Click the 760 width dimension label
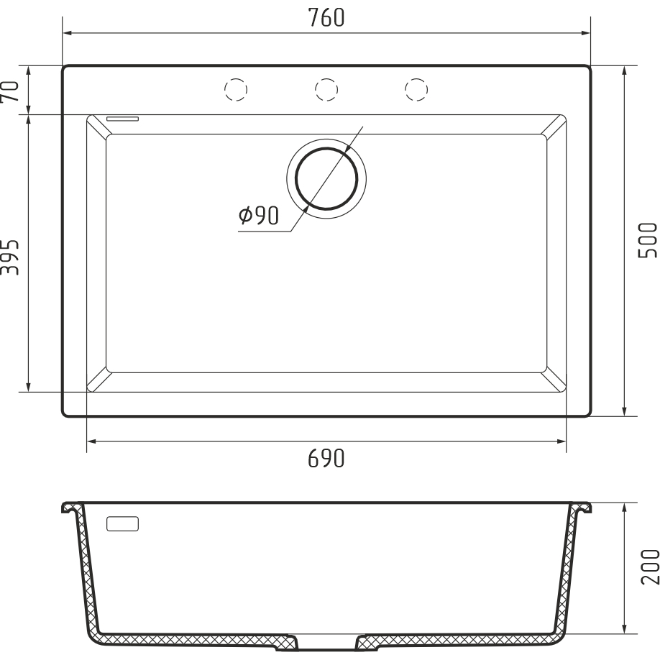(x=326, y=18)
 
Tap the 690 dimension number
(x=326, y=459)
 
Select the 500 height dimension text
(x=647, y=241)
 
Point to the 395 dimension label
(x=10, y=257)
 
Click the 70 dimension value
(x=10, y=91)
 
